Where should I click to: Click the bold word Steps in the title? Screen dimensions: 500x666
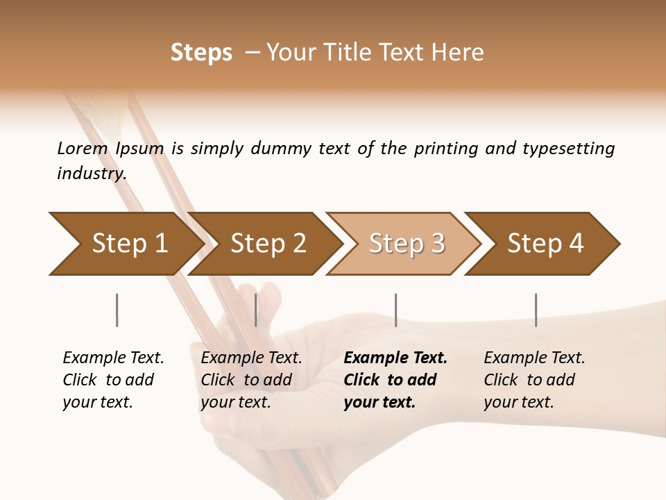coord(201,53)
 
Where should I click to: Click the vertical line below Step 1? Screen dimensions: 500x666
coord(117,310)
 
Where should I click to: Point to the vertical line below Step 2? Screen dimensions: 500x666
coord(256,310)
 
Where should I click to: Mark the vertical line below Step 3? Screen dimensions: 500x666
coord(395,310)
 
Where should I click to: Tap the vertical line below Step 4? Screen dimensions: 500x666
coord(536,310)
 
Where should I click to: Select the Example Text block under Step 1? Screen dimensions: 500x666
coord(113,380)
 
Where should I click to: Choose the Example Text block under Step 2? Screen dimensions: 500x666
coord(251,380)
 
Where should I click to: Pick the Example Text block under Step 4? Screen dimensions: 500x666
coord(534,380)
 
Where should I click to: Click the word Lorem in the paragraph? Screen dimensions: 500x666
coord(83,148)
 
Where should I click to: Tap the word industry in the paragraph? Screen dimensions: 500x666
coord(92,174)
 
